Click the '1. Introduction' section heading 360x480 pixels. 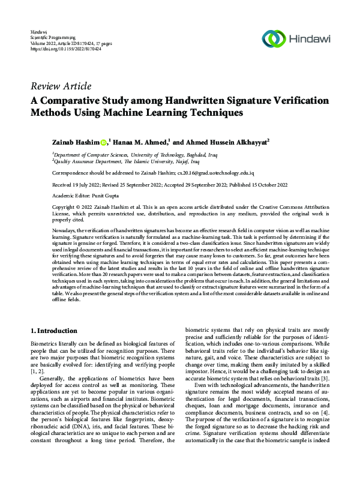pyautogui.click(x=53, y=331)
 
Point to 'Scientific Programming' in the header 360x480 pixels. pyautogui.click(x=53, y=37)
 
